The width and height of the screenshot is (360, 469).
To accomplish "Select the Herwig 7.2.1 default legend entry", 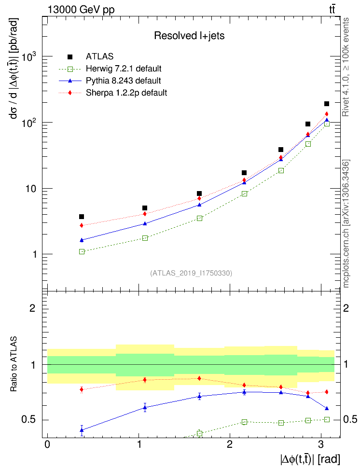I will [x=124, y=68].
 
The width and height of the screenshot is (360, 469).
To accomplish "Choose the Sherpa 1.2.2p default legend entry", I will [x=126, y=92].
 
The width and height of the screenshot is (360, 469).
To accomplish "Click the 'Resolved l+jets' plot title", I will [x=189, y=35].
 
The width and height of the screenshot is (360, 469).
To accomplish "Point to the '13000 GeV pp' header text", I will [x=81, y=9].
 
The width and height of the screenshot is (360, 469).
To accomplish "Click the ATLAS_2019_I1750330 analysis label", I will [x=191, y=273].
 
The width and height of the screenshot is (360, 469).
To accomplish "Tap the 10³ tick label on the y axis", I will [x=29, y=57].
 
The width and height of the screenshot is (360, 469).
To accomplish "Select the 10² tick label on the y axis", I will [x=29, y=123].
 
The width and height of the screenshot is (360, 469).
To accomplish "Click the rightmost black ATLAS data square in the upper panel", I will [x=327, y=104].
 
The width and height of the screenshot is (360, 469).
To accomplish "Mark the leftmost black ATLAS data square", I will [x=82, y=217].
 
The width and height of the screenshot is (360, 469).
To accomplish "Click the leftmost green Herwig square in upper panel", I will [x=82, y=251].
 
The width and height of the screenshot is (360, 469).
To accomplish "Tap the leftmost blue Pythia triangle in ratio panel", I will [x=82, y=430].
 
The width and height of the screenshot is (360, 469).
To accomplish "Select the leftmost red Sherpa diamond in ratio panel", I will [x=82, y=389].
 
